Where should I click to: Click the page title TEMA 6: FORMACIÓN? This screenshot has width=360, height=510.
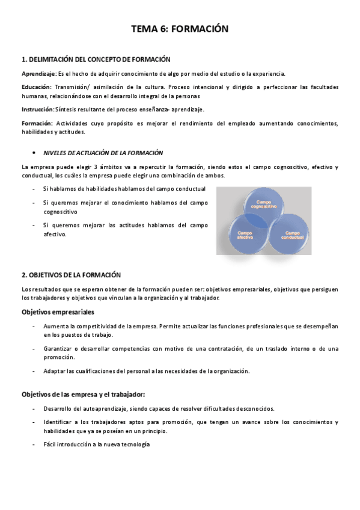pyautogui.click(x=180, y=29)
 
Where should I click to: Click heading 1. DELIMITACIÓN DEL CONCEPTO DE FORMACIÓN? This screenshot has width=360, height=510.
pyautogui.click(x=96, y=60)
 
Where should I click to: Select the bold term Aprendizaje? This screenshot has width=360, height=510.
pyautogui.click(x=38, y=73)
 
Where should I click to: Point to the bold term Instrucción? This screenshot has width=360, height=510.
pyautogui.click(x=37, y=109)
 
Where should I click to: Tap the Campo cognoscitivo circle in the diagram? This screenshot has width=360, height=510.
pyautogui.click(x=266, y=205)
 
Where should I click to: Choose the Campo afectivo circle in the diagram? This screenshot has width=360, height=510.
pyautogui.click(x=245, y=235)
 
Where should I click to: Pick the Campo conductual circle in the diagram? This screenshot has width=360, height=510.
pyautogui.click(x=292, y=235)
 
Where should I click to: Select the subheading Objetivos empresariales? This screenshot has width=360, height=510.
pyautogui.click(x=58, y=312)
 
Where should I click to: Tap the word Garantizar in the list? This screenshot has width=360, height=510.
pyautogui.click(x=59, y=348)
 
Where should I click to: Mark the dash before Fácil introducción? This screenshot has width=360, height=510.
pyautogui.click(x=34, y=444)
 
